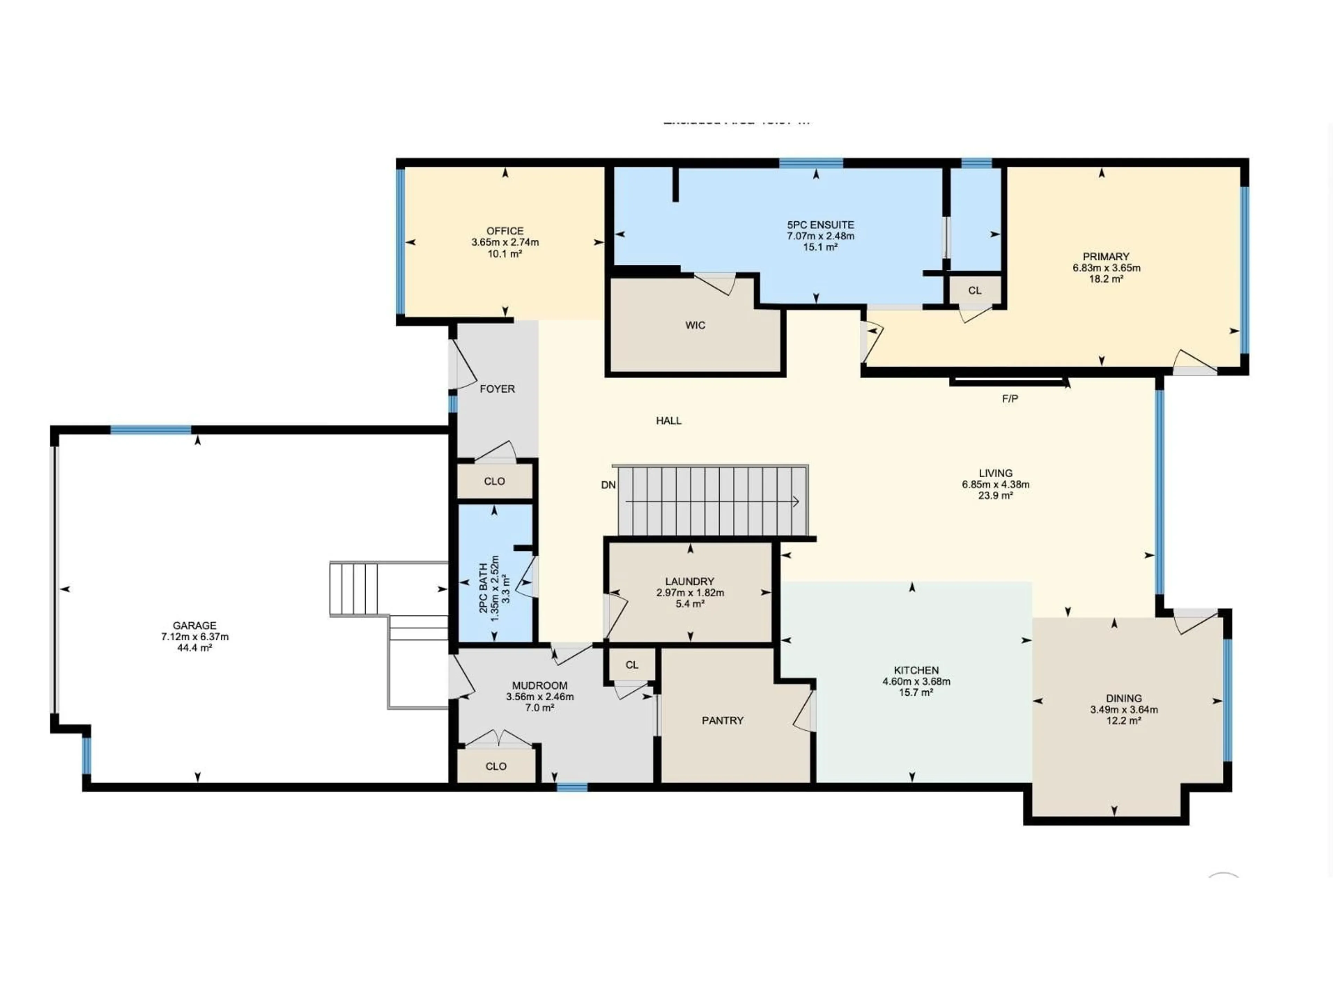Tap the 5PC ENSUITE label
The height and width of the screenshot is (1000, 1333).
click(820, 225)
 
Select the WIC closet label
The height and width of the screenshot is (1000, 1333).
click(695, 325)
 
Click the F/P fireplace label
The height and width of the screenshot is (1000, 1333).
click(1010, 398)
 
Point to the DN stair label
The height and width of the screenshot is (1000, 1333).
click(608, 485)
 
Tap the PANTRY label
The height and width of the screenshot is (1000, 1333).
click(722, 720)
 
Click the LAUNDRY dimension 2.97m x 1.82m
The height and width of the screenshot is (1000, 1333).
click(690, 592)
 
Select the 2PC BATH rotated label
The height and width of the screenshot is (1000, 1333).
click(483, 588)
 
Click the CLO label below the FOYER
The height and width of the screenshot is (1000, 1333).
click(494, 481)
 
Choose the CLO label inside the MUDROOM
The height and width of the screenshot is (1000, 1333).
click(495, 766)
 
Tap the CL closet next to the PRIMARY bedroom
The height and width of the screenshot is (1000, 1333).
click(974, 291)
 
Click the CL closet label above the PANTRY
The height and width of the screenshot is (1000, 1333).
click(631, 665)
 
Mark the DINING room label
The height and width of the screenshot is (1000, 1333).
click(1123, 699)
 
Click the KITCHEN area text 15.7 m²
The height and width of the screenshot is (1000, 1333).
click(916, 693)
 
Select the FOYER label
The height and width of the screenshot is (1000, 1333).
click(497, 389)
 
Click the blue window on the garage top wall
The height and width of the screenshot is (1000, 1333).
click(151, 430)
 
